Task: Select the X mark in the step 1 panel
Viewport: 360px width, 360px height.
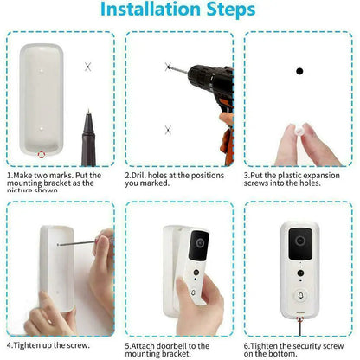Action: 87,67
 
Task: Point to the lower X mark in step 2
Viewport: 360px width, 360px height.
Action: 168,129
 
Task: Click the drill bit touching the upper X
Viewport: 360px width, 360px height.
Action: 178,67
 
